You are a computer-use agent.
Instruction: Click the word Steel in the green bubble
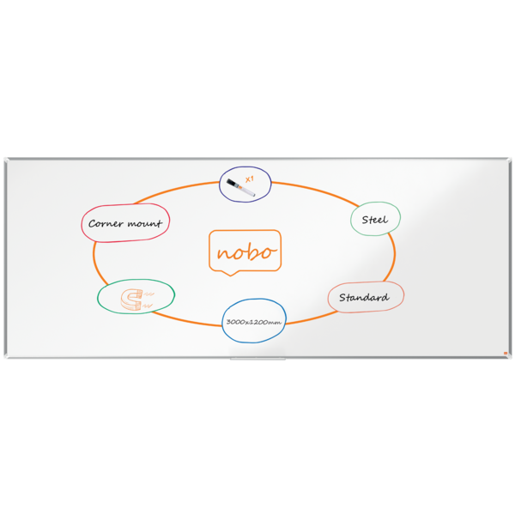point(375,220)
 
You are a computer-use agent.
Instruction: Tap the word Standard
point(364,297)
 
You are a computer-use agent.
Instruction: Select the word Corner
point(106,224)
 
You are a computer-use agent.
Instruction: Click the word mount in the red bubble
point(145,223)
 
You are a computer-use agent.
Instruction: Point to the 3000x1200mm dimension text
point(254,322)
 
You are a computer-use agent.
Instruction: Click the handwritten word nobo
point(245,252)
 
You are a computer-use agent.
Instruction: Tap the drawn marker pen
point(240,188)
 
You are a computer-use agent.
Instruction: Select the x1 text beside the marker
point(250,179)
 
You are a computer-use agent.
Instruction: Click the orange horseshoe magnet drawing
point(131,300)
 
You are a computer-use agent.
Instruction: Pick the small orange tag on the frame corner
point(506,353)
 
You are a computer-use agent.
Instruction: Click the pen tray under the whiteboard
point(257,359)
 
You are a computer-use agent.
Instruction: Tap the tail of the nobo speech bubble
point(231,273)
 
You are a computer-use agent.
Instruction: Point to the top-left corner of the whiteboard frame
point(5,159)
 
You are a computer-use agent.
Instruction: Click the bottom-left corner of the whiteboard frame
point(5,357)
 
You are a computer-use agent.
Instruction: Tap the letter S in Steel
point(365,220)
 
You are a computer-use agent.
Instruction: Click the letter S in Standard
point(342,297)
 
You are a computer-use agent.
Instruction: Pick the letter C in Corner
point(93,224)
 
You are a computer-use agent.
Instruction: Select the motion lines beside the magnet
point(148,300)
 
